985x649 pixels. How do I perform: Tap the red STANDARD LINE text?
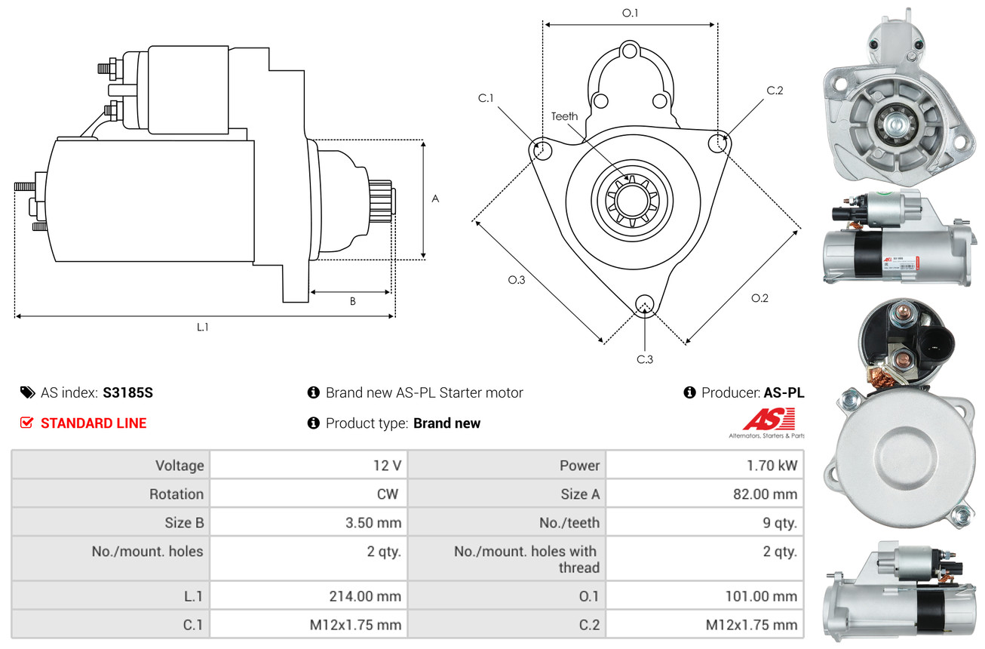pos(94,423)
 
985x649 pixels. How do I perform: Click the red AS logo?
pos(769,420)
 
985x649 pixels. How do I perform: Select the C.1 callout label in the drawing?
pos(485,98)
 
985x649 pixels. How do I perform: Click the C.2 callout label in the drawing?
pos(775,91)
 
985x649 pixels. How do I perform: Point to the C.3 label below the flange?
pos(644,359)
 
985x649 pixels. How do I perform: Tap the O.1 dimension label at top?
pos(630,13)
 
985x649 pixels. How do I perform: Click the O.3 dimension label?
pos(516,280)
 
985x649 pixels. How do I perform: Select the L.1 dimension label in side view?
pos(202,327)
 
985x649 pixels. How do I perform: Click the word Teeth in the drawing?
pos(564,116)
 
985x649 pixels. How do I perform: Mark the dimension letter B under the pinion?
pos(352,301)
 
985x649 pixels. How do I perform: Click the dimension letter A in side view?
pos(434,198)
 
